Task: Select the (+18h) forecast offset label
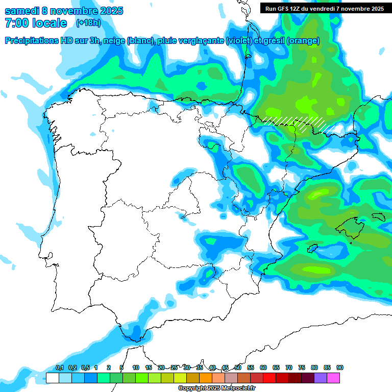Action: [88, 22]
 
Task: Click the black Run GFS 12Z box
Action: [324, 8]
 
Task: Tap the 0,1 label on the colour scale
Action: [60, 367]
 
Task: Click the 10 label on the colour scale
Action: [136, 367]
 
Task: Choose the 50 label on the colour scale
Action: [238, 367]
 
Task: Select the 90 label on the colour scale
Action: [340, 367]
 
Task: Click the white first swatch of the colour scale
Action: [52, 378]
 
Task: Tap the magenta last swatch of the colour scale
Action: [333, 378]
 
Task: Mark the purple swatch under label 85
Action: [321, 378]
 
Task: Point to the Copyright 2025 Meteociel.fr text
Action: [216, 388]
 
